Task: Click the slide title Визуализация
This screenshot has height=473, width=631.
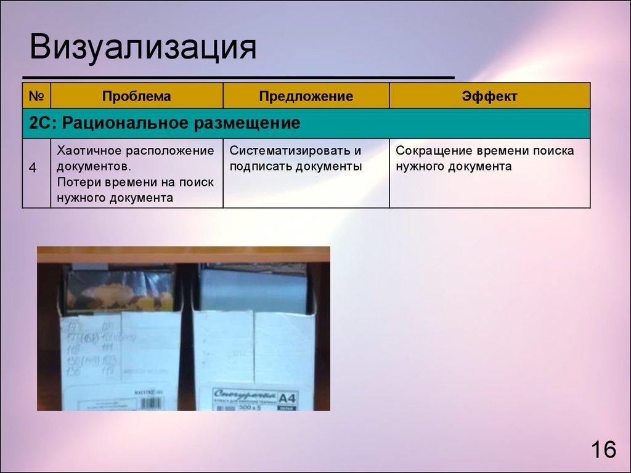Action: pyautogui.click(x=142, y=49)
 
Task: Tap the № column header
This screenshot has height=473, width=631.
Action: pyautogui.click(x=36, y=97)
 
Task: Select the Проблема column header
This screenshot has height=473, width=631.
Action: pyautogui.click(x=136, y=97)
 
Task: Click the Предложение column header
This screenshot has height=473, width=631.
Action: pyautogui.click(x=306, y=97)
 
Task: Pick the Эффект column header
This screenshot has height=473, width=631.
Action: pyautogui.click(x=489, y=97)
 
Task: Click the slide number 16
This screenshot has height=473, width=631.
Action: pyautogui.click(x=603, y=450)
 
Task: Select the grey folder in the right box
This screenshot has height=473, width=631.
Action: pyautogui.click(x=253, y=289)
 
